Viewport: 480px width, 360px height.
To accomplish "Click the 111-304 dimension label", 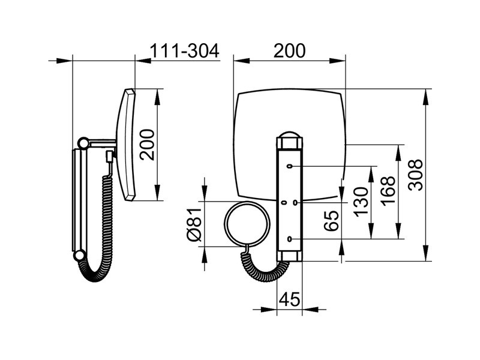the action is pyautogui.click(x=185, y=51).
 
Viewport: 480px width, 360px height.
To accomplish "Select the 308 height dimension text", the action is pyautogui.click(x=416, y=175).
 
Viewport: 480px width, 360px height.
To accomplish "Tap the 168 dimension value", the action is pyautogui.click(x=388, y=190).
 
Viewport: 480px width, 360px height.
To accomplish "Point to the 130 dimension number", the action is pyautogui.click(x=361, y=202).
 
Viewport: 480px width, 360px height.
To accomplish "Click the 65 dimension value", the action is pyautogui.click(x=332, y=221).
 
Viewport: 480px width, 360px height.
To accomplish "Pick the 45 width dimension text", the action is pyautogui.click(x=290, y=299).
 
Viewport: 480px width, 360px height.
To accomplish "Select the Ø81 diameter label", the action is pyautogui.click(x=194, y=224).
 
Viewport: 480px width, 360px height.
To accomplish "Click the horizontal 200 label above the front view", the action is pyautogui.click(x=289, y=51).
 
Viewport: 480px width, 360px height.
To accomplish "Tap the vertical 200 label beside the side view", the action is pyautogui.click(x=147, y=145).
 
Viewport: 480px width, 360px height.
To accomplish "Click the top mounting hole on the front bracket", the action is pyautogui.click(x=289, y=166).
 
